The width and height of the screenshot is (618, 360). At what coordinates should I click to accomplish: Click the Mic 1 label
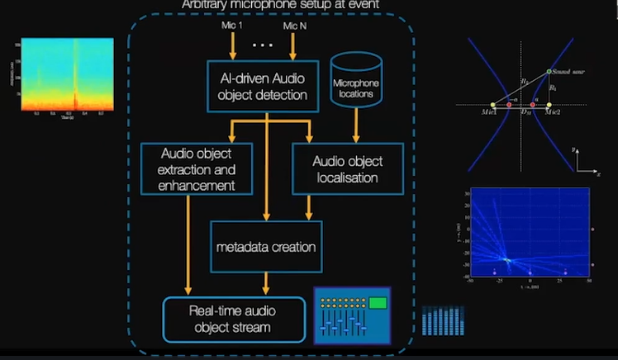pos(232,27)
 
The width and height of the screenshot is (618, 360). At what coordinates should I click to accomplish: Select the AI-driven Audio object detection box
pos(264,86)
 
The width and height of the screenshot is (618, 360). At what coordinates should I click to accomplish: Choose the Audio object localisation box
pos(347,169)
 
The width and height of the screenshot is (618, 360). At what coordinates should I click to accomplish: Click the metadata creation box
pos(266,247)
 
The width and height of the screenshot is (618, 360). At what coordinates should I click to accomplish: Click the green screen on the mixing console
pos(378,303)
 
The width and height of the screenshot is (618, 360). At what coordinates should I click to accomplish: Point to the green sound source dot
pos(549,73)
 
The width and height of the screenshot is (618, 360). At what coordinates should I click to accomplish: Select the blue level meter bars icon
pos(437,321)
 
